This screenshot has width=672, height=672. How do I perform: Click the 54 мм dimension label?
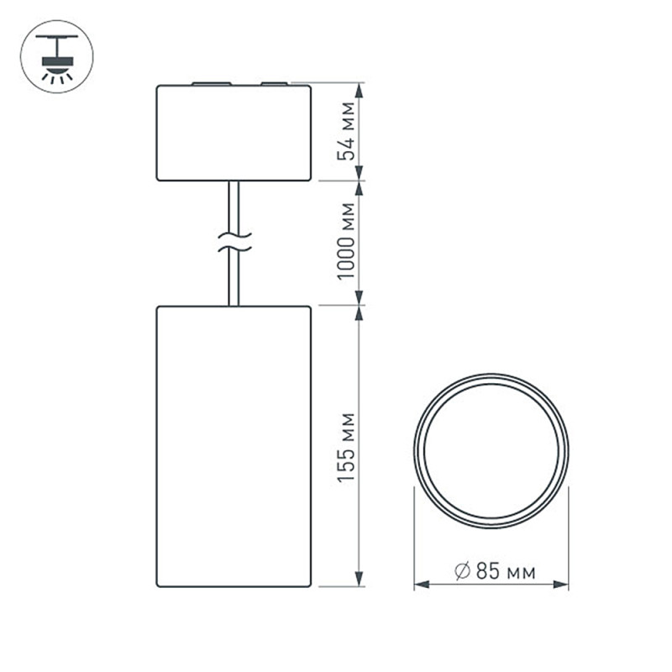346,131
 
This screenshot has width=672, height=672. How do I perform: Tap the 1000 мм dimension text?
346,241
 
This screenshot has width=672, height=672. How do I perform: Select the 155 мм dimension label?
346,448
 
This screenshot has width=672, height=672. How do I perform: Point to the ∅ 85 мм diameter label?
495,571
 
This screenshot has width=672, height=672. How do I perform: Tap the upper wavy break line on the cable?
234,235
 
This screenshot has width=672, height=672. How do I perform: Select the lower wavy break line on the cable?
234,248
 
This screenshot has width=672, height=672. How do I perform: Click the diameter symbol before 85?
463,571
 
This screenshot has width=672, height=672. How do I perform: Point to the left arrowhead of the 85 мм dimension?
422,584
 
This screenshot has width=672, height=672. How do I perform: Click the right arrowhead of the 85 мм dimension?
561,584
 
